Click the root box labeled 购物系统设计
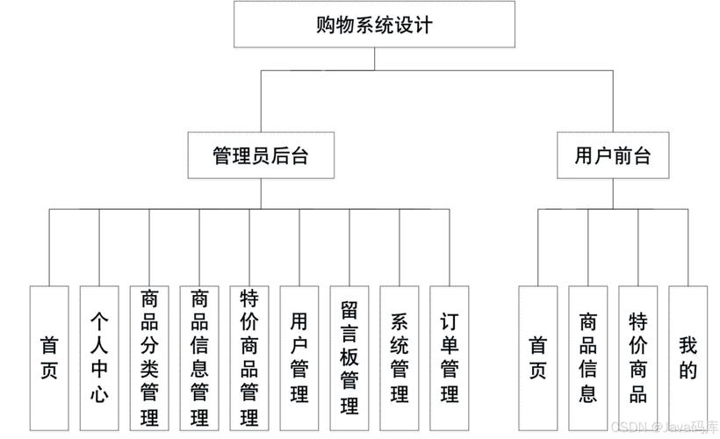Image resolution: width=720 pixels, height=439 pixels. (x=375, y=25)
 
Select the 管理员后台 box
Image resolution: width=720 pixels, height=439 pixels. (x=261, y=155)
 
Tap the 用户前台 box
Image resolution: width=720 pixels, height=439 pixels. (x=612, y=155)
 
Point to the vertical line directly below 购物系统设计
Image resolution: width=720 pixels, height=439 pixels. (x=375, y=59)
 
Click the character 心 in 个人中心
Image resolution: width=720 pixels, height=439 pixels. (x=99, y=394)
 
